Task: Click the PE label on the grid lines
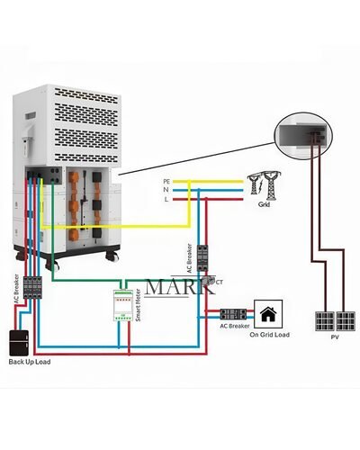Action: point(166,181)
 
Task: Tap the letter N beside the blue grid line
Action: point(166,190)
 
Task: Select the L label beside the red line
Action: point(166,199)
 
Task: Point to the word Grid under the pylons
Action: point(264,205)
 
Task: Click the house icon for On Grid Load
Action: point(267,314)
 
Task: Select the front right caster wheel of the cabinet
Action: point(112,257)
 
